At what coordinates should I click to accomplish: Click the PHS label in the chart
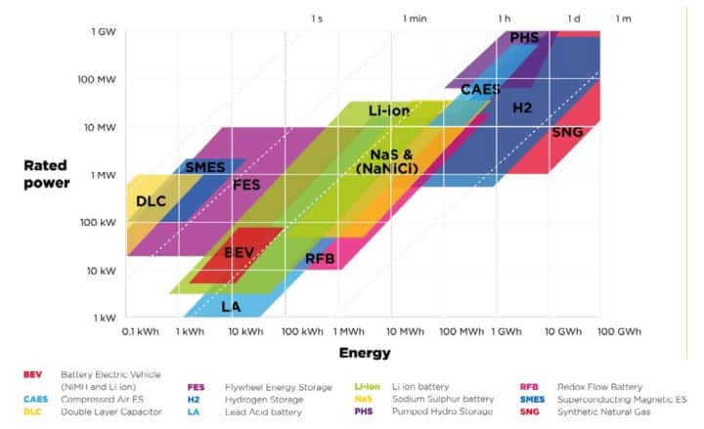[x=524, y=37]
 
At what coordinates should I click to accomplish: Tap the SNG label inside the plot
[x=568, y=132]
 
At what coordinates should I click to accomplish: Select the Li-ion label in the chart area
[x=389, y=111]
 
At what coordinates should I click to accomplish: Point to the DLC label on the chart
[x=151, y=201]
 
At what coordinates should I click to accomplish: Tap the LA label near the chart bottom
[x=231, y=306]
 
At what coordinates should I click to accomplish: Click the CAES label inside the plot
[x=481, y=89]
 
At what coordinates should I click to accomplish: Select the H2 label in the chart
[x=522, y=106]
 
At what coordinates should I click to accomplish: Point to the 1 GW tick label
[x=106, y=32]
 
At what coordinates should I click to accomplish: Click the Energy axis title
[x=364, y=353]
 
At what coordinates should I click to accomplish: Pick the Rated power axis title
[x=45, y=174]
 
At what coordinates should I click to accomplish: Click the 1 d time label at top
[x=574, y=19]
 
